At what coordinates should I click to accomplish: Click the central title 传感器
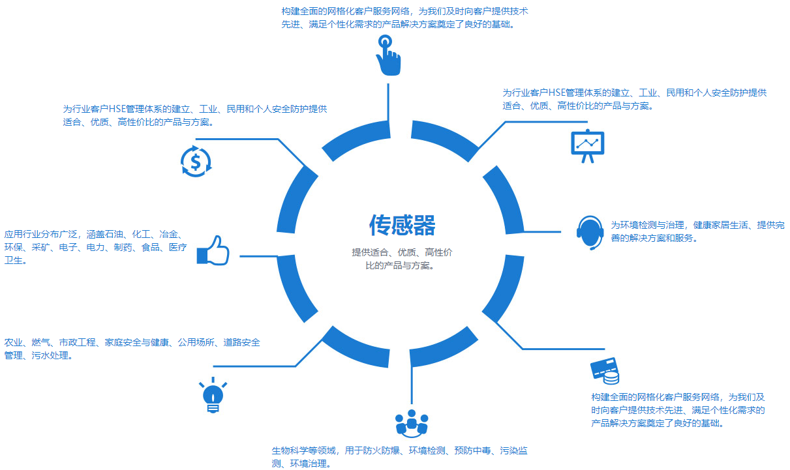(402, 225)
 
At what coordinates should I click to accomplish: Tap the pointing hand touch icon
(388, 55)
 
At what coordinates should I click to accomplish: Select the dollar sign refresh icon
(196, 162)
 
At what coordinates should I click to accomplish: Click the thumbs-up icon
(213, 250)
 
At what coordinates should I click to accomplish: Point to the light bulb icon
(213, 395)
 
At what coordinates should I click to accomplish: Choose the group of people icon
(412, 424)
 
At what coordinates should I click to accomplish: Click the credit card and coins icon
(605, 371)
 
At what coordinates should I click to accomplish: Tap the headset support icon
(590, 233)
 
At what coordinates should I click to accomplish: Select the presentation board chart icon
(588, 146)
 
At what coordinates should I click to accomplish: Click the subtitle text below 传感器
(402, 259)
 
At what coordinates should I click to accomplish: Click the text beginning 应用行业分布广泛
(95, 247)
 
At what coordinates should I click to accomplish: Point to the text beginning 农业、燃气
(132, 349)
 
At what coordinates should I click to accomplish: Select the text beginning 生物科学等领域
(399, 456)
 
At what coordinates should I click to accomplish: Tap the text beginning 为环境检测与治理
(697, 231)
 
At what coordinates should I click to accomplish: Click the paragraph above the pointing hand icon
(404, 18)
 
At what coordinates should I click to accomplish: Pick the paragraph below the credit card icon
(678, 410)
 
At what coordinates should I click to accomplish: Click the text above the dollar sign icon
(195, 115)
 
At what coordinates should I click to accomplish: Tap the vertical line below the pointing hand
(388, 103)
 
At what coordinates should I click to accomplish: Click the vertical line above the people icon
(411, 385)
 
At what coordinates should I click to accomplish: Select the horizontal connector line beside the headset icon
(542, 232)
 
